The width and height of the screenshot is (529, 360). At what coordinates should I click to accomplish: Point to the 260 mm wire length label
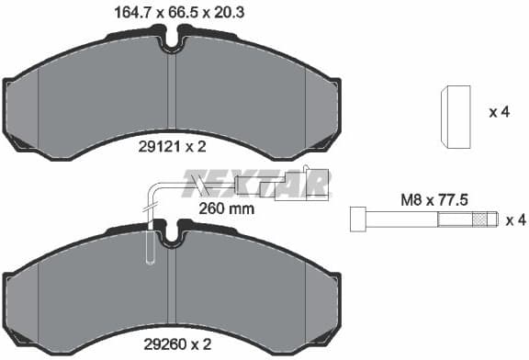tap(225, 208)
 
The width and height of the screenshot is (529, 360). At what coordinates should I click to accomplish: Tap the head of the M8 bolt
tap(357, 220)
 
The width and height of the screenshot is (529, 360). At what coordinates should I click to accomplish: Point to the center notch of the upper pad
tap(172, 42)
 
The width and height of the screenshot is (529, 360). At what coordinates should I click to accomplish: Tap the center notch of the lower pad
tap(172, 237)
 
